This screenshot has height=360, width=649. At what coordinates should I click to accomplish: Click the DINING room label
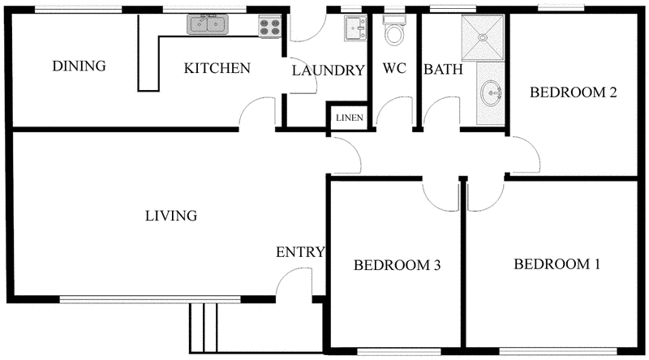(79, 66)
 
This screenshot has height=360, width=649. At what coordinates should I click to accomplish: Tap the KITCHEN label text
(217, 68)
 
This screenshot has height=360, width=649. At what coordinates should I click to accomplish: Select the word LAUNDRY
(328, 71)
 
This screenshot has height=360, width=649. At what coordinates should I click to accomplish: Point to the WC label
(394, 69)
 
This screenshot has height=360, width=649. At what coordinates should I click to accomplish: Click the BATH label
(443, 70)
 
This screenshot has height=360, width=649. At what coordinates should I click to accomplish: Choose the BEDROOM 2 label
(574, 92)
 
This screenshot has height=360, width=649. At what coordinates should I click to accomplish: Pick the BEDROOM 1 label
(557, 264)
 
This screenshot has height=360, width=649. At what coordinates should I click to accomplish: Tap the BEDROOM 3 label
(397, 265)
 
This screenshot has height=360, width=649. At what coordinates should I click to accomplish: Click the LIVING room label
(171, 216)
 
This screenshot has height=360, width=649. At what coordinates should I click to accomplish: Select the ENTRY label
(300, 252)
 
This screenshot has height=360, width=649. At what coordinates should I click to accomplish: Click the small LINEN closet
(350, 118)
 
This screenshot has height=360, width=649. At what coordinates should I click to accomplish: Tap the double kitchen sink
(208, 25)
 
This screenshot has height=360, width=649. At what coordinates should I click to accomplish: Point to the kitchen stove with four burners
(269, 26)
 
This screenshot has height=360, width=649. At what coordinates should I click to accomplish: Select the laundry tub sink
(355, 28)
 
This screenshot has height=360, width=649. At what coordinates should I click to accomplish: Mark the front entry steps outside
(204, 328)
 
